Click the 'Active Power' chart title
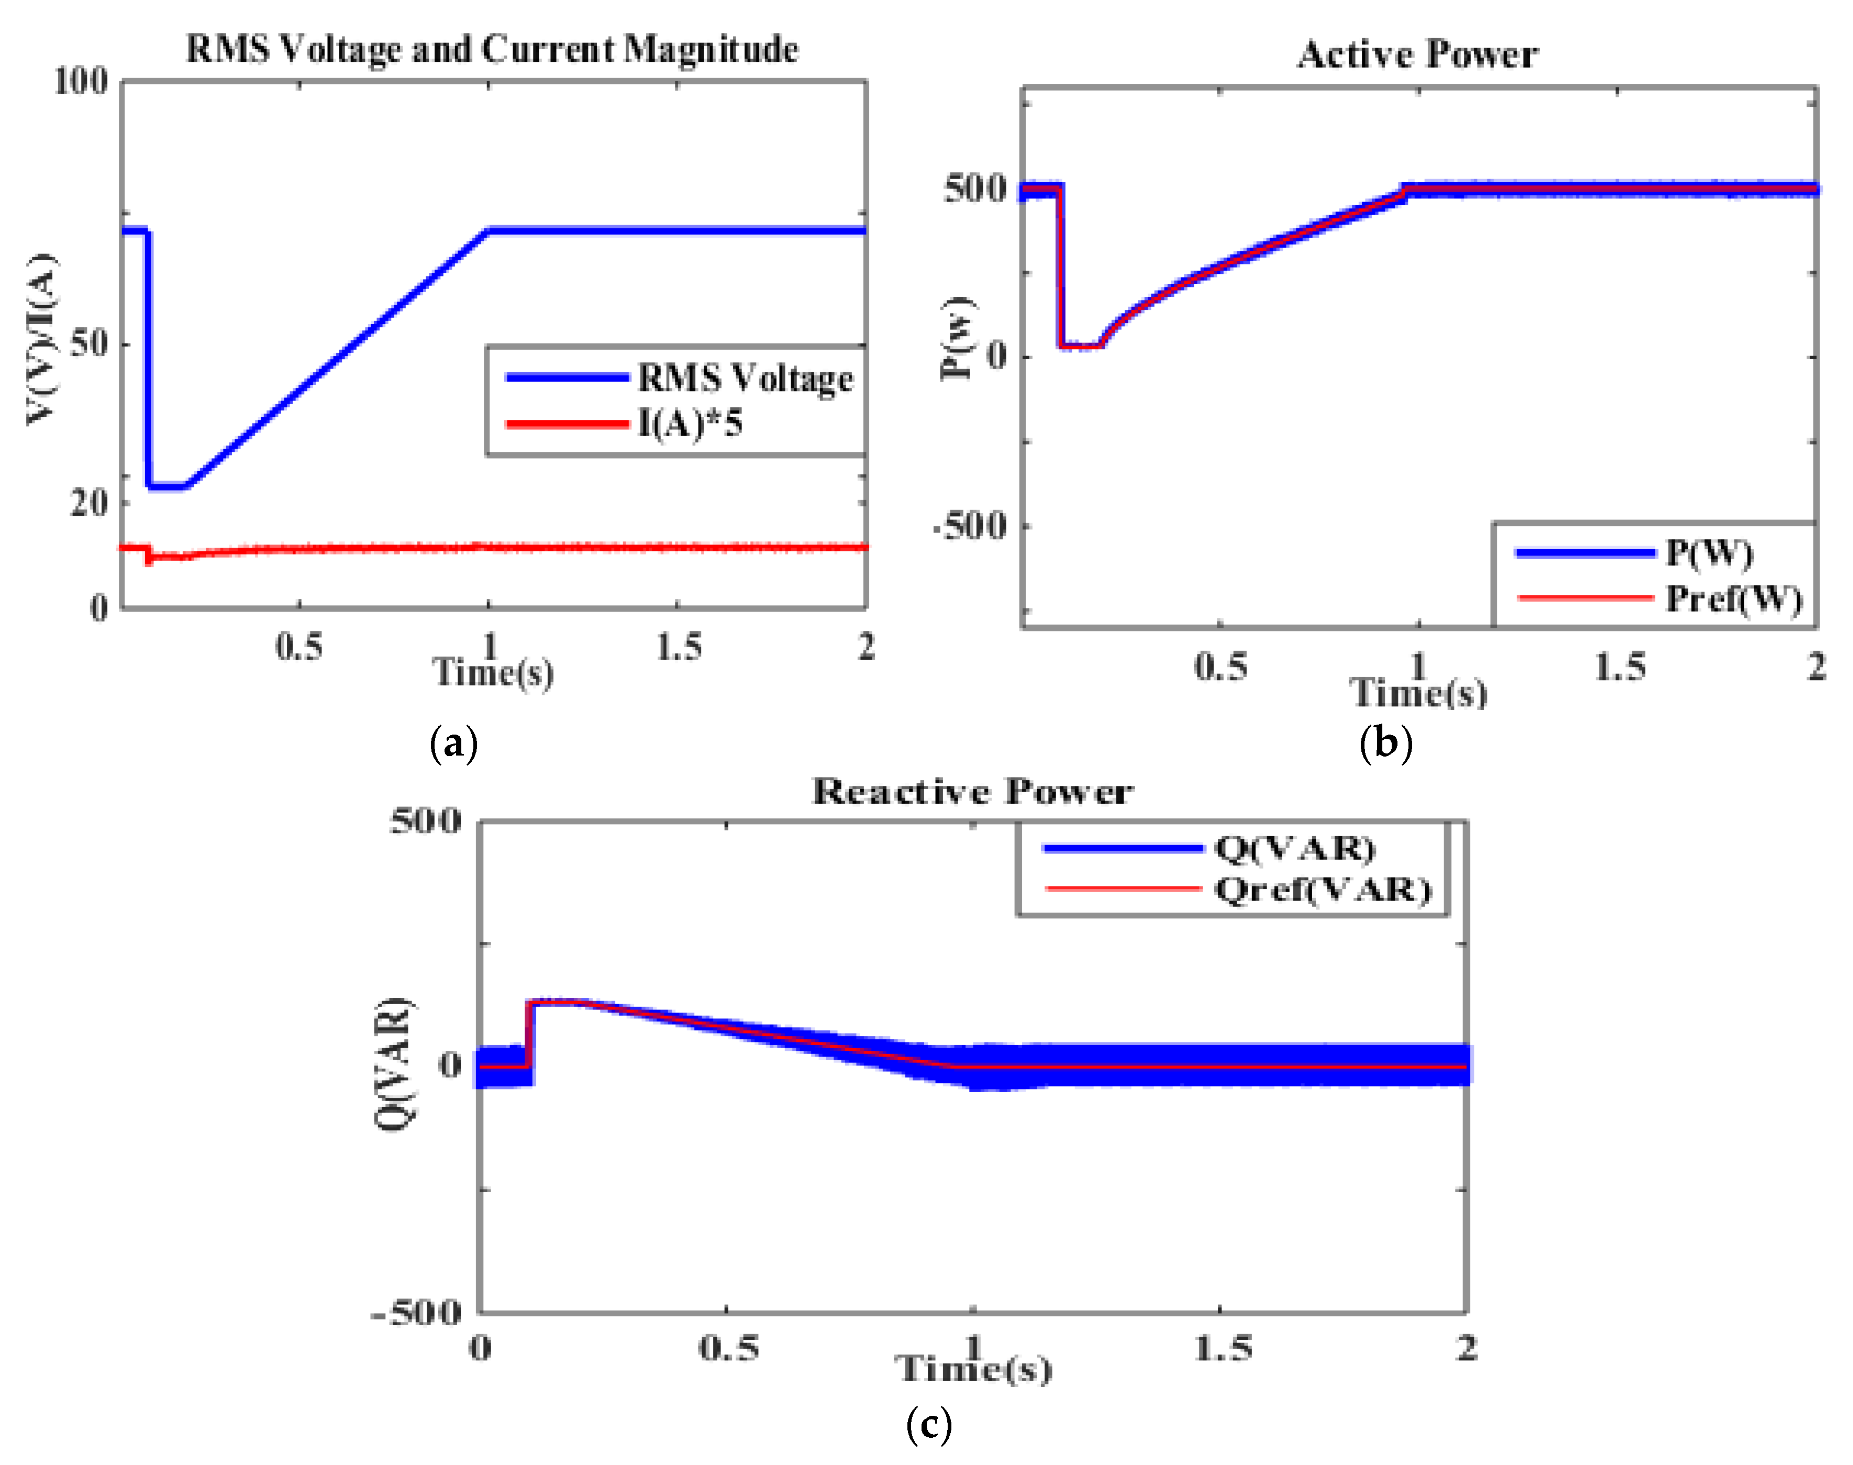coord(1417,55)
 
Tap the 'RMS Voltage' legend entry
coord(745,378)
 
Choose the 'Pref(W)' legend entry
coord(1733,598)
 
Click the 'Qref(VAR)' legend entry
coord(1323,890)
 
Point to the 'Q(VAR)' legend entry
coord(1294,848)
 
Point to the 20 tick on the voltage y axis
coord(89,502)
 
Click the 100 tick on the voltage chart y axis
coord(82,82)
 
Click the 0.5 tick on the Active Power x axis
coord(1220,667)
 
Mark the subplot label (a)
coord(453,743)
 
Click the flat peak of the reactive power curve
coord(558,1002)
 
